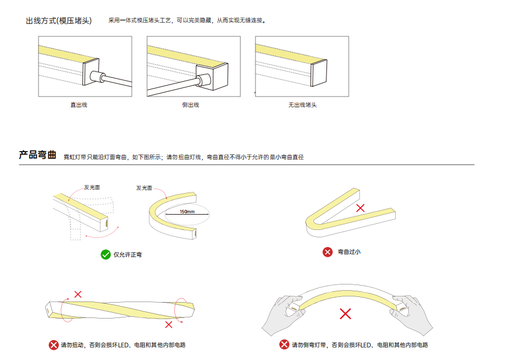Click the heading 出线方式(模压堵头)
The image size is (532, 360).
pyautogui.click(x=58, y=20)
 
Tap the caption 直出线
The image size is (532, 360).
pyautogui.click(x=79, y=105)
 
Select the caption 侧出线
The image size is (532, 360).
pyautogui.click(x=190, y=105)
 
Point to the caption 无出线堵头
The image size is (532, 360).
pyautogui.click(x=302, y=105)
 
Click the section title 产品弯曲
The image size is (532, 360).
pyautogui.click(x=37, y=154)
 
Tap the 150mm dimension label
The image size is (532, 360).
pyautogui.click(x=187, y=212)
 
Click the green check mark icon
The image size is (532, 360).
pyautogui.click(x=106, y=254)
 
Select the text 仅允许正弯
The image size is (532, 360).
pyautogui.click(x=128, y=255)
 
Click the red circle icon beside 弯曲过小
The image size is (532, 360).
pyautogui.click(x=328, y=252)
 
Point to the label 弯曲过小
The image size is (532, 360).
pyautogui.click(x=349, y=252)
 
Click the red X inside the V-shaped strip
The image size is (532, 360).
pyautogui.click(x=361, y=208)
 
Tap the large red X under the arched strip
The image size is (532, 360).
pyautogui.click(x=345, y=314)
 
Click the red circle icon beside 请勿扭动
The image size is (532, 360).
pyautogui.click(x=53, y=345)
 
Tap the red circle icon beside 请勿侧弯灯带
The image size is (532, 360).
pyautogui.click(x=284, y=345)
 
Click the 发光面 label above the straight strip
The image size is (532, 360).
pyautogui.click(x=92, y=187)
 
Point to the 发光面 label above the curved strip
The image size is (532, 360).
pyautogui.click(x=144, y=188)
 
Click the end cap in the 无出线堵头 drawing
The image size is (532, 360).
pyautogui.click(x=319, y=73)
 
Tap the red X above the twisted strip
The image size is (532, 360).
pyautogui.click(x=78, y=294)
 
